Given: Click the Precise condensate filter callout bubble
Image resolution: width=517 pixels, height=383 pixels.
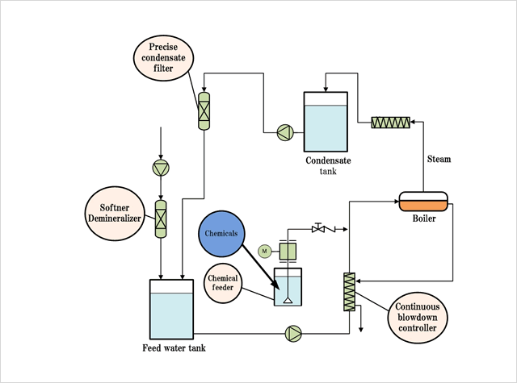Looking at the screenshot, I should [164, 57].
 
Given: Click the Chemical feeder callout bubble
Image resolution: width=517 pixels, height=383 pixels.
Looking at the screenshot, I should [222, 285].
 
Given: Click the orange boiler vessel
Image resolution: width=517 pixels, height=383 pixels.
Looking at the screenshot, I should [422, 201].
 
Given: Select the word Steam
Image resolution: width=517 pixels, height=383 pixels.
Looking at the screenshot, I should [439, 159].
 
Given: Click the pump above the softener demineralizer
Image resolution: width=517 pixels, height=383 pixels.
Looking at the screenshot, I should [161, 168].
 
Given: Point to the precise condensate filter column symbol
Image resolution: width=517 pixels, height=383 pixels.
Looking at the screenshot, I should [204, 110].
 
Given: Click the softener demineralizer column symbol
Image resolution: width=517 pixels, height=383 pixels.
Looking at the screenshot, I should [161, 217].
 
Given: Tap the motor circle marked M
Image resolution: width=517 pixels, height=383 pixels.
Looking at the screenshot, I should [263, 252].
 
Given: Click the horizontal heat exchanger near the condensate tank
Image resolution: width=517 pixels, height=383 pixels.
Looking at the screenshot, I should [391, 123].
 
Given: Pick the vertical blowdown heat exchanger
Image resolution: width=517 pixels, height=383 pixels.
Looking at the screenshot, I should [350, 291].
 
